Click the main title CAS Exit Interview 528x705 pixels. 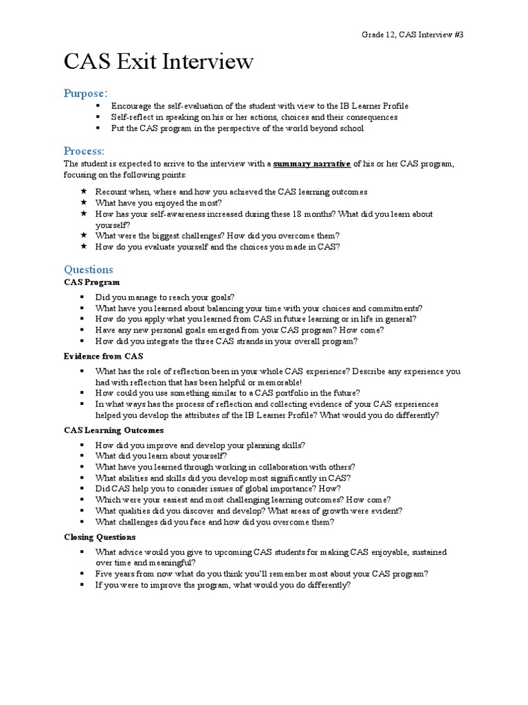coord(159,63)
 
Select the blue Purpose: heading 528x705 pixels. coord(86,93)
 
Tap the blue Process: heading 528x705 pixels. coord(84,151)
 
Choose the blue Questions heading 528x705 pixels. coord(89,269)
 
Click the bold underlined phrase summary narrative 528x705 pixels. coord(312,165)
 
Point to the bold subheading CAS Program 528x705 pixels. coord(91,282)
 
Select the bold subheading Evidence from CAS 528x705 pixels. coord(104,357)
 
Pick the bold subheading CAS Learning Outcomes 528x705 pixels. coord(114,430)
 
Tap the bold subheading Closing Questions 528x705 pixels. coord(100,537)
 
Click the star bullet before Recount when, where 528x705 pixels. coord(83,191)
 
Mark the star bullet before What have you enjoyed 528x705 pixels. coord(83,203)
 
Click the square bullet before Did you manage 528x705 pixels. coord(81,297)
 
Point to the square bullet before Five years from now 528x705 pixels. coord(81,574)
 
